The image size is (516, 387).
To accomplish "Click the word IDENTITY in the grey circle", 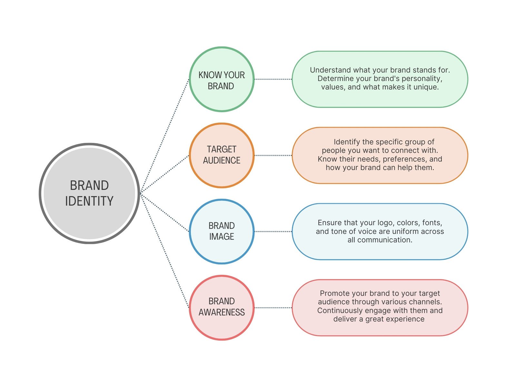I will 89,201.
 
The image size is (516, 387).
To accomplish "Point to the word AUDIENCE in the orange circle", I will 222,160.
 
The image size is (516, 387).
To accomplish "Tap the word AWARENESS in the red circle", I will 222,312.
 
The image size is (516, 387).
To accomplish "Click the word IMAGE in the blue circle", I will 222,236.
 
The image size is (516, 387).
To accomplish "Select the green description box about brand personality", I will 380,98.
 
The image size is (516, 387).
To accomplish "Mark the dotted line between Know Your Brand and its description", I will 273,79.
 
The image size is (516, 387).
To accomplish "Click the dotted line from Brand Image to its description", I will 273,232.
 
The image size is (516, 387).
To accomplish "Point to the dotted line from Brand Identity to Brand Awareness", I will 164,250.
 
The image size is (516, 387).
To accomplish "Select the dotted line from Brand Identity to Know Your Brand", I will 164,135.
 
